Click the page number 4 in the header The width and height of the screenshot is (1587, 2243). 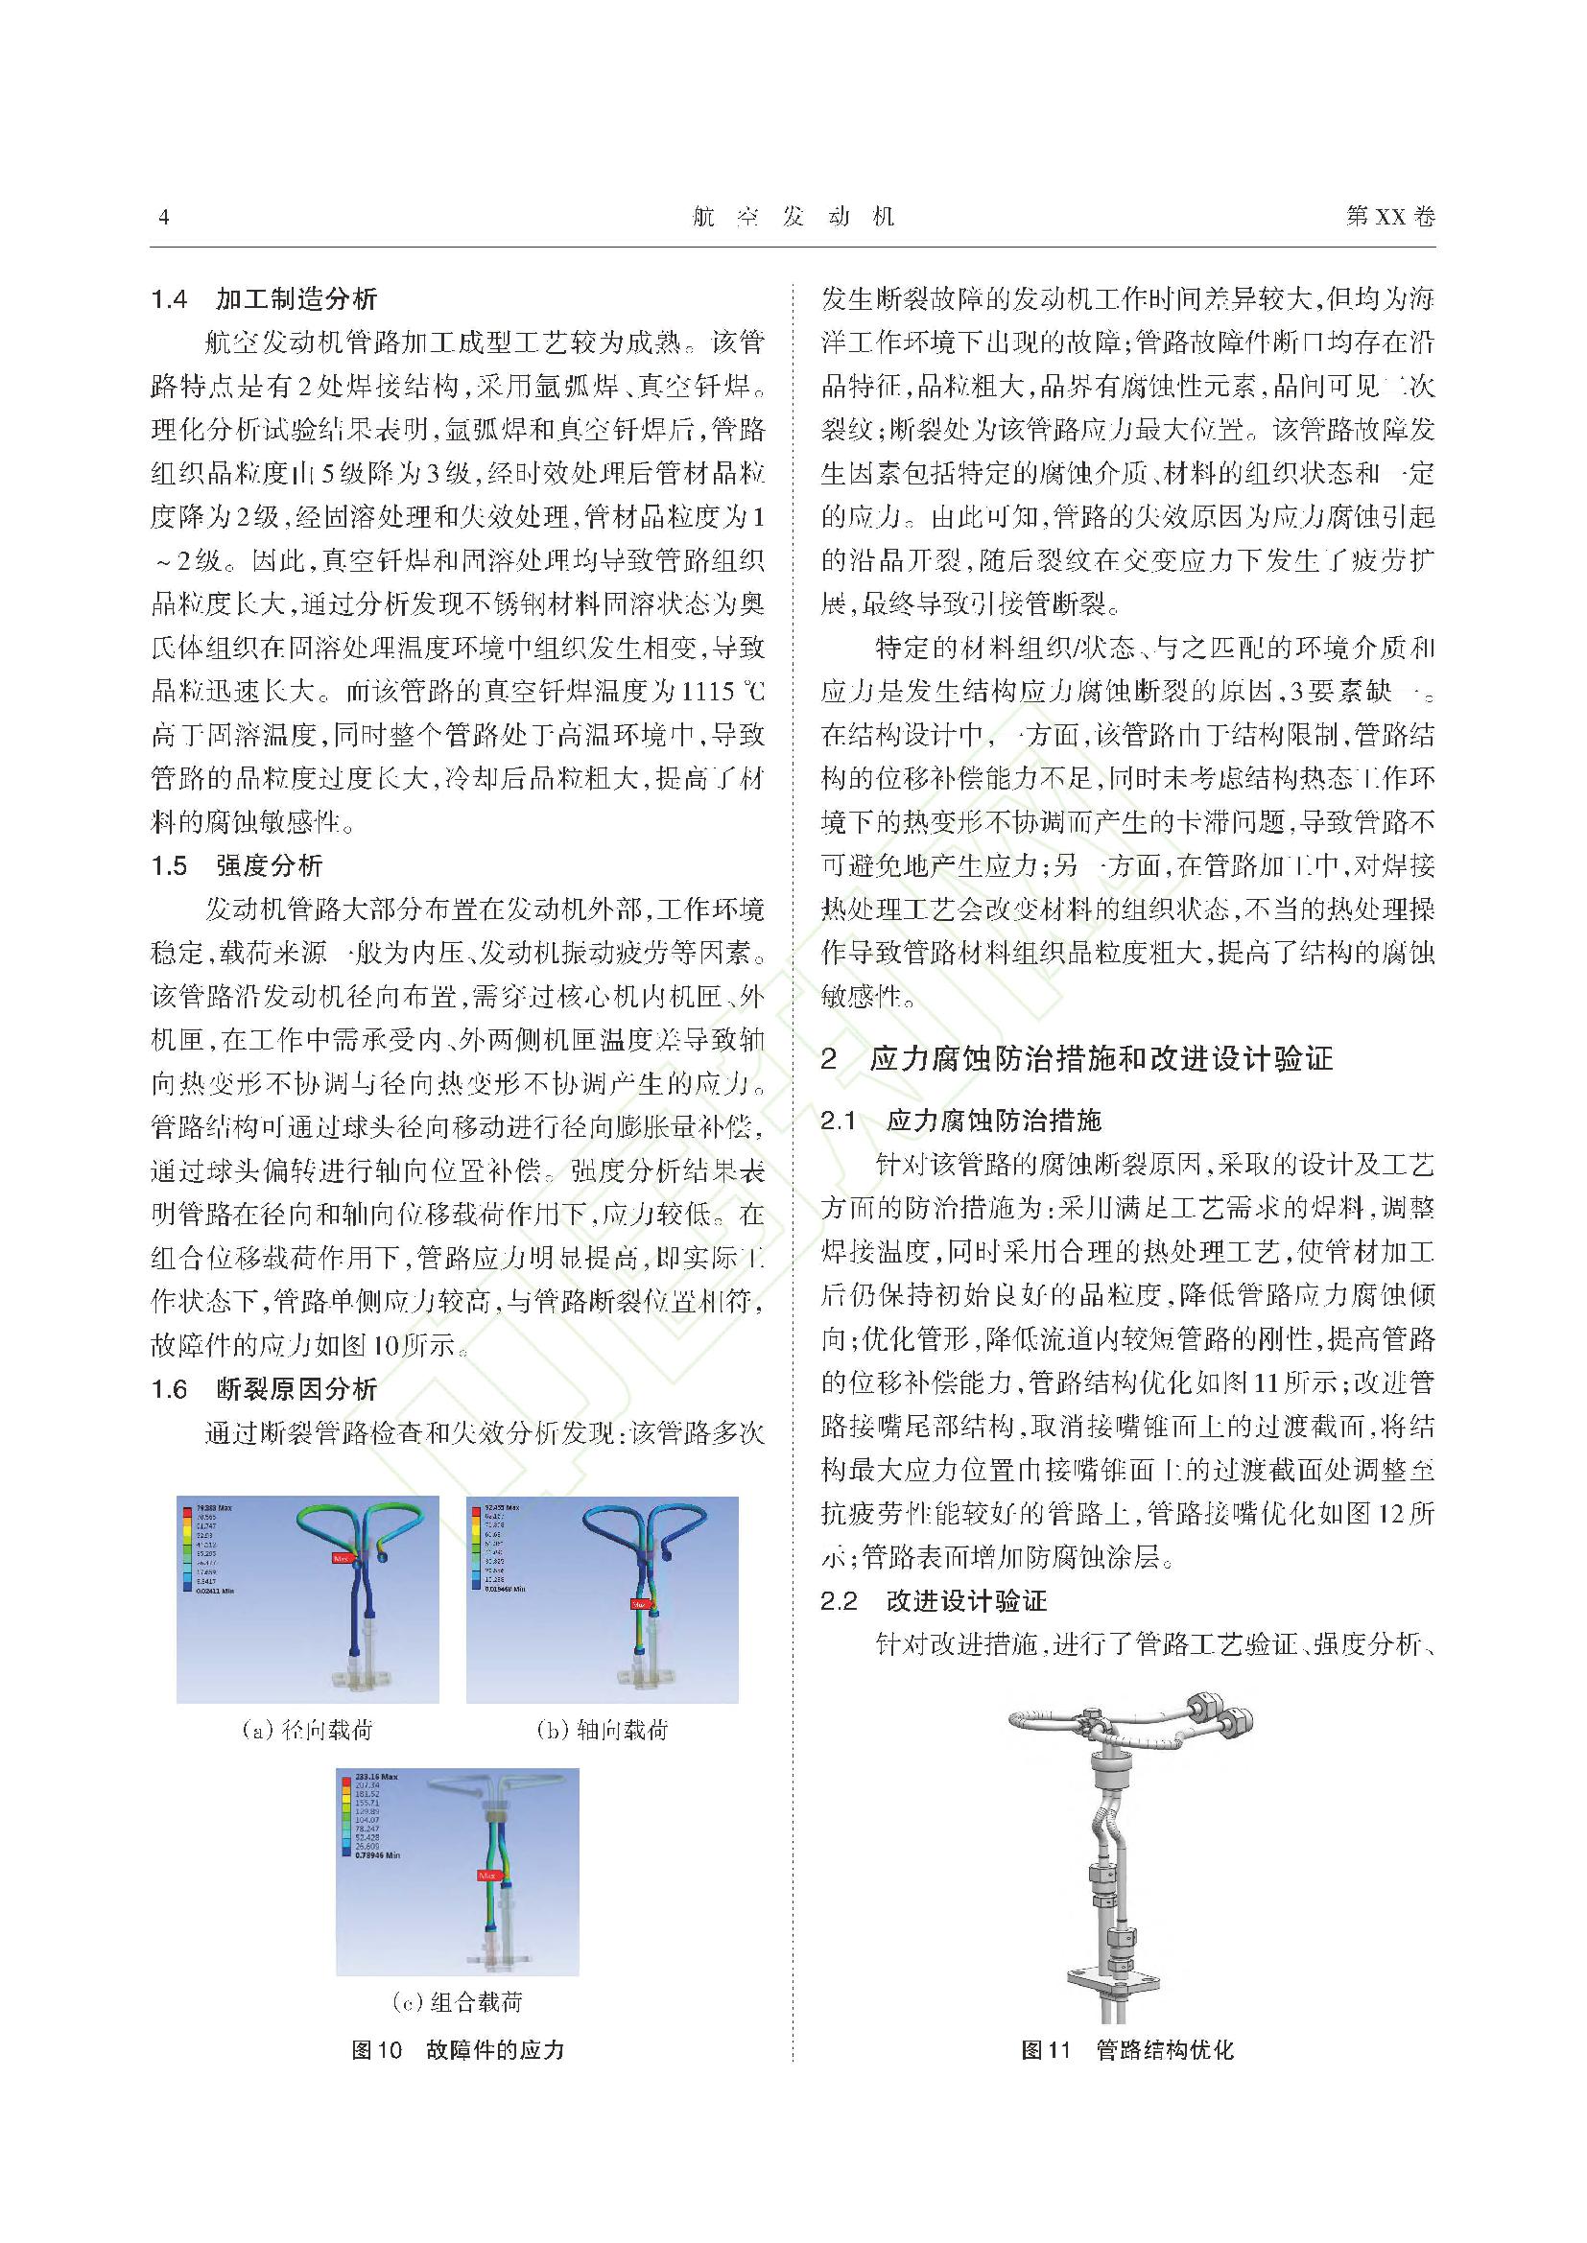click(163, 217)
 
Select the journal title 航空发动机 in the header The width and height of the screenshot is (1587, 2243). click(793, 217)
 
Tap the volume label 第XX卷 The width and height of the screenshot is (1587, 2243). click(1389, 217)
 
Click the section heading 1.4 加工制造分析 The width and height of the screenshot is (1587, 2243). click(264, 299)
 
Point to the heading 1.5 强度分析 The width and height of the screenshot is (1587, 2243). click(236, 865)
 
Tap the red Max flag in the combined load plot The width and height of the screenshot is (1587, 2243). click(487, 1875)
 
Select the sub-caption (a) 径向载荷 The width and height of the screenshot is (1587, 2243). click(308, 1730)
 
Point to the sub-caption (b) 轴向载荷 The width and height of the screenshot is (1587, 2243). click(603, 1730)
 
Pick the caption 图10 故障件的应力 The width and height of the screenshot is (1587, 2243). click(458, 2049)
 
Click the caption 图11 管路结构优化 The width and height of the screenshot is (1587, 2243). click(1126, 2049)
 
